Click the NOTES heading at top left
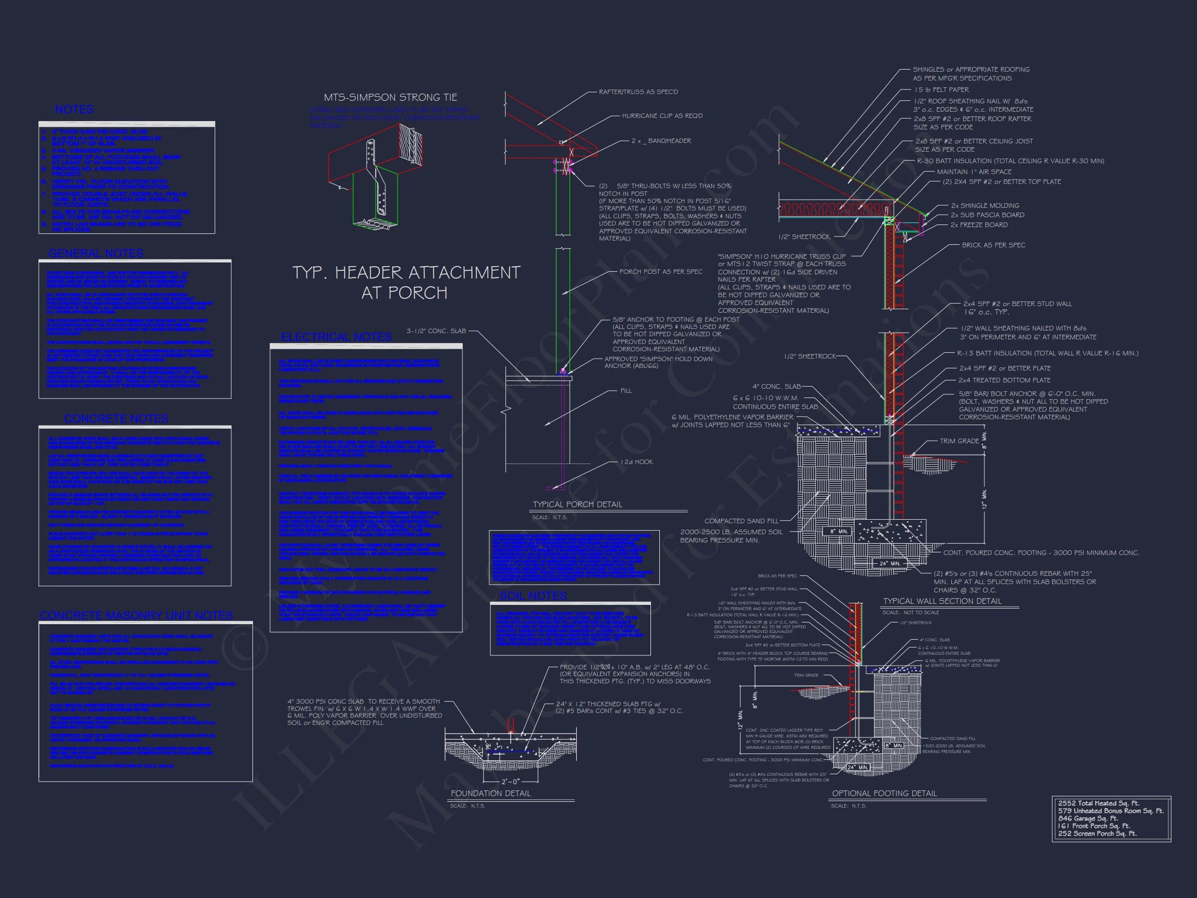point(74,110)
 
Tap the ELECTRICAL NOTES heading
point(336,337)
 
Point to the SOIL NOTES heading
point(533,596)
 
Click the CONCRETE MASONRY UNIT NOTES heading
point(136,616)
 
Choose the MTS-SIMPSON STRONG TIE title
point(390,97)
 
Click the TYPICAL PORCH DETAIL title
point(577,505)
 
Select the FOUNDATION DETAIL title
point(491,794)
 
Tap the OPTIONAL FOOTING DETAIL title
point(884,794)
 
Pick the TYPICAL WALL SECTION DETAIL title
point(942,601)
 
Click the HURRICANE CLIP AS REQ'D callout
point(662,116)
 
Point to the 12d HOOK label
point(636,461)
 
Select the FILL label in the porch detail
point(626,391)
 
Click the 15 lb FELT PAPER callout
point(941,90)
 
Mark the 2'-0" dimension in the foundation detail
point(510,782)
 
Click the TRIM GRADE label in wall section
point(959,441)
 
